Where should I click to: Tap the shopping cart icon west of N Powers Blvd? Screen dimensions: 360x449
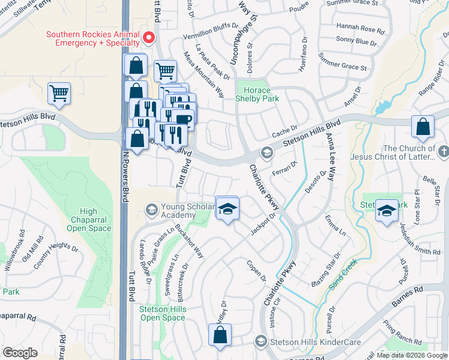click(x=59, y=93)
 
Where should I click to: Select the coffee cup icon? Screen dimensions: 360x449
click(x=184, y=118)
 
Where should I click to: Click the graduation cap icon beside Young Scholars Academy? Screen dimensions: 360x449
click(x=227, y=208)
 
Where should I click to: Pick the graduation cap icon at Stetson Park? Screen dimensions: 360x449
click(x=385, y=210)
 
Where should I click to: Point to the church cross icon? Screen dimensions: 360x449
click(x=443, y=152)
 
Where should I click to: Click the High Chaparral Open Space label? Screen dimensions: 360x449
click(x=88, y=220)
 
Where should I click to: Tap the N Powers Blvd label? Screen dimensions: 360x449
click(x=126, y=175)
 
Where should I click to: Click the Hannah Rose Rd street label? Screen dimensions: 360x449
click(x=360, y=28)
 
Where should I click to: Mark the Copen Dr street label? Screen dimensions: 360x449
click(x=256, y=270)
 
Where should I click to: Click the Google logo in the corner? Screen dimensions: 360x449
click(x=20, y=353)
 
